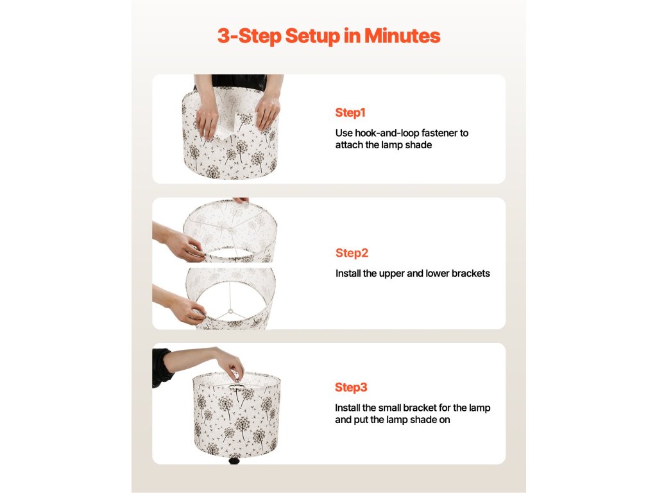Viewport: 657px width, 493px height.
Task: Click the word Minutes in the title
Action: (x=402, y=36)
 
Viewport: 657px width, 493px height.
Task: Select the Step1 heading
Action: (x=350, y=113)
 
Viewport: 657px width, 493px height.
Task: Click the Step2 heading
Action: (x=352, y=253)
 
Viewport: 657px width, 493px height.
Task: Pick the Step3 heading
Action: (x=351, y=387)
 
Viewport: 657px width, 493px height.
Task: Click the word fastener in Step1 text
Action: (x=439, y=133)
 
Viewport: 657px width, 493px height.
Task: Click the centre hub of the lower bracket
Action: (x=230, y=311)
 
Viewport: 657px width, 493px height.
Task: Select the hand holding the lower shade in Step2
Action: (x=187, y=309)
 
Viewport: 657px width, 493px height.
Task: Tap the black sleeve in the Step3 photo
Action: (x=162, y=367)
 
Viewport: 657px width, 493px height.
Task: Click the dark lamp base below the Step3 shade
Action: (x=234, y=460)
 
